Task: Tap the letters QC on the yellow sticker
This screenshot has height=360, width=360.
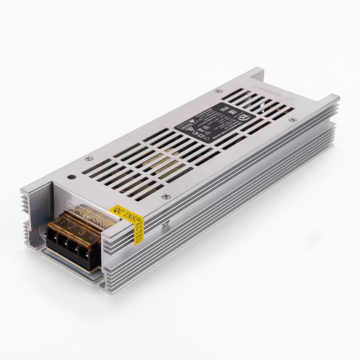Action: click(115, 211)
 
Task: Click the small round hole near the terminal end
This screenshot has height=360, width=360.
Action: click(72, 177)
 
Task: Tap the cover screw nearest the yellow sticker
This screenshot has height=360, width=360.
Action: click(166, 196)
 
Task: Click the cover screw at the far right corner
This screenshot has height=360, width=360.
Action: click(292, 120)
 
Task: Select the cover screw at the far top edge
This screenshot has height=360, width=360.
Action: click(220, 89)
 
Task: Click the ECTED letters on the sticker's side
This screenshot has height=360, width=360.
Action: click(137, 232)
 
